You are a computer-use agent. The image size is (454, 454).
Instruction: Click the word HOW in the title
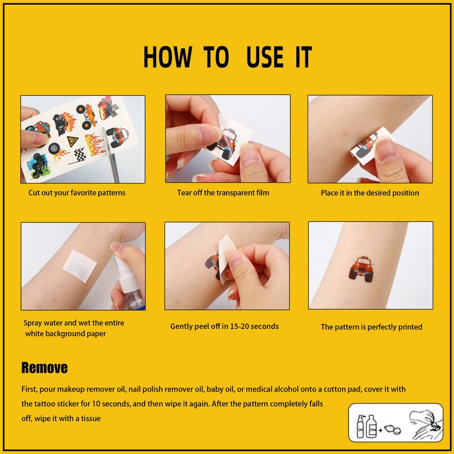[x=167, y=57]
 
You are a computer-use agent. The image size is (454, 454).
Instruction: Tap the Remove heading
[x=45, y=368]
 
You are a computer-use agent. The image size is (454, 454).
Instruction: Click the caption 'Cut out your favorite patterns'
[x=77, y=193]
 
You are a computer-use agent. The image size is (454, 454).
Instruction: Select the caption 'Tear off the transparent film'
[x=223, y=193]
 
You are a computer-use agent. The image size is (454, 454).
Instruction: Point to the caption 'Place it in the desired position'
[x=370, y=193]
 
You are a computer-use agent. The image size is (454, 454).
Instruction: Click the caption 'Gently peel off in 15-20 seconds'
[x=224, y=326]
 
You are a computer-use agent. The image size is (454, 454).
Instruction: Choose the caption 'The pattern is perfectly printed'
[x=372, y=327]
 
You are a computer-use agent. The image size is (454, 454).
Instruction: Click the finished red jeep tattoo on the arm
[x=361, y=268]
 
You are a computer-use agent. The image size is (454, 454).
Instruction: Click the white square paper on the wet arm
[x=79, y=267]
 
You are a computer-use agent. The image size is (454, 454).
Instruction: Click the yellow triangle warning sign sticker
[x=73, y=141]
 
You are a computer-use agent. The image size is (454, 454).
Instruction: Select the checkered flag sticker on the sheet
[x=78, y=155]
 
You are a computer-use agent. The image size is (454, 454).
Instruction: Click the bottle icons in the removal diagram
[x=367, y=426]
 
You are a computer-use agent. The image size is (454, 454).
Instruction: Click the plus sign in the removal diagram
[x=380, y=430]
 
